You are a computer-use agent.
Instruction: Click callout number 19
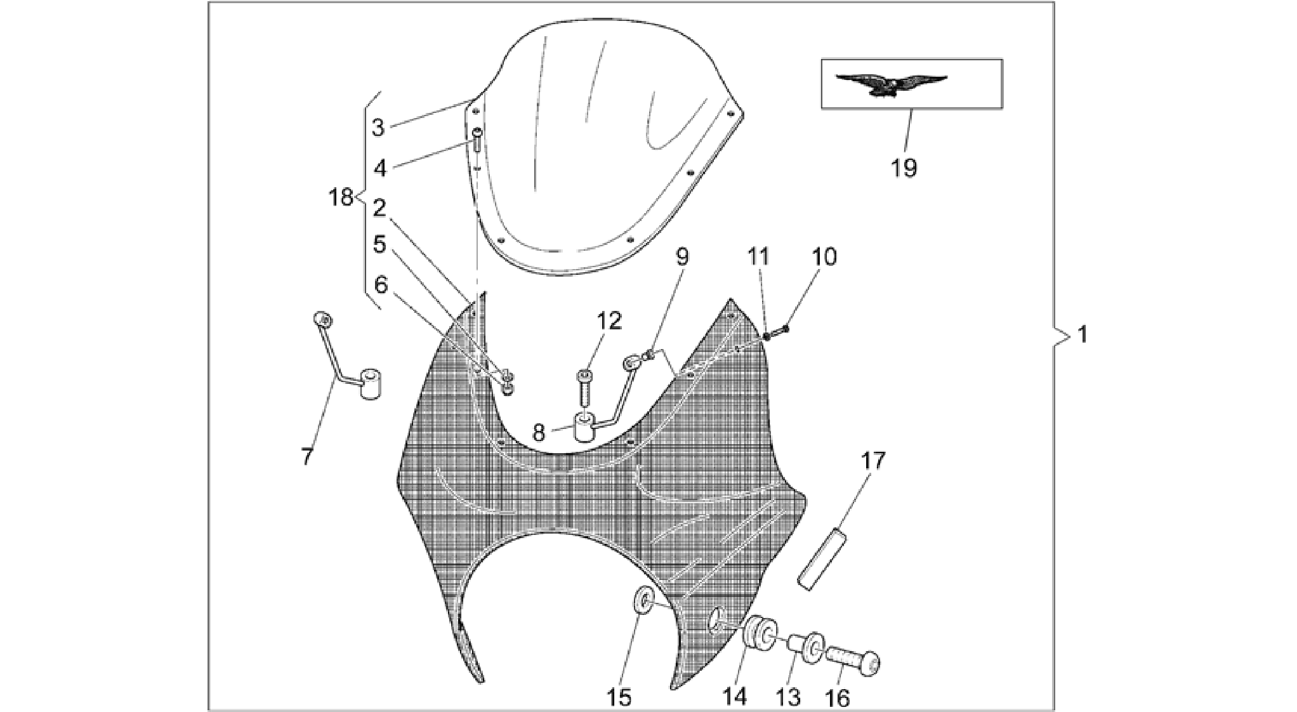pos(904,168)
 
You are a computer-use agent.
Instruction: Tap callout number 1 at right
pos(1083,334)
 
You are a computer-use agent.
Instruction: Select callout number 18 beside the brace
pos(341,197)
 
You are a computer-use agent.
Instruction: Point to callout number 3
pos(378,128)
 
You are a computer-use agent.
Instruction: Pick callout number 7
pos(307,456)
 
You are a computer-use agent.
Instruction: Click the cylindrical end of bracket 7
pos(371,383)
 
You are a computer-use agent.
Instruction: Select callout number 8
pos(539,433)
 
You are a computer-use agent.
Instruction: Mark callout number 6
pos(380,286)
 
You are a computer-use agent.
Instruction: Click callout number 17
pos(872,461)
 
